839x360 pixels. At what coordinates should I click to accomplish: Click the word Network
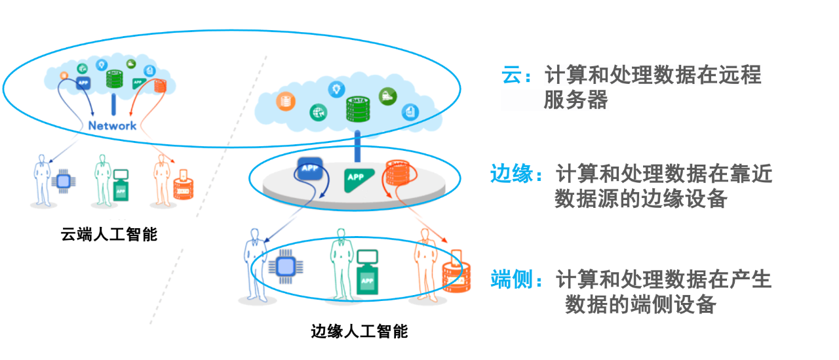112,125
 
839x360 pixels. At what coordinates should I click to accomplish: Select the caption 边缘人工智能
359,331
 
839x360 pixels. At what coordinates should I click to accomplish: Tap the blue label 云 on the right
510,75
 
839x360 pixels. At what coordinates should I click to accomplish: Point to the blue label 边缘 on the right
511,174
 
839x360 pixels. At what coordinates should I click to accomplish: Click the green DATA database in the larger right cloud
358,109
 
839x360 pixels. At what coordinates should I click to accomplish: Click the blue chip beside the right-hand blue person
285,266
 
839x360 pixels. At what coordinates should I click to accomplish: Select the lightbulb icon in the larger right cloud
337,89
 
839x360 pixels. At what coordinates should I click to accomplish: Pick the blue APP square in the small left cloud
83,83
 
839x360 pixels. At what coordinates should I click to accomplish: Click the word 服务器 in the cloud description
576,100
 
